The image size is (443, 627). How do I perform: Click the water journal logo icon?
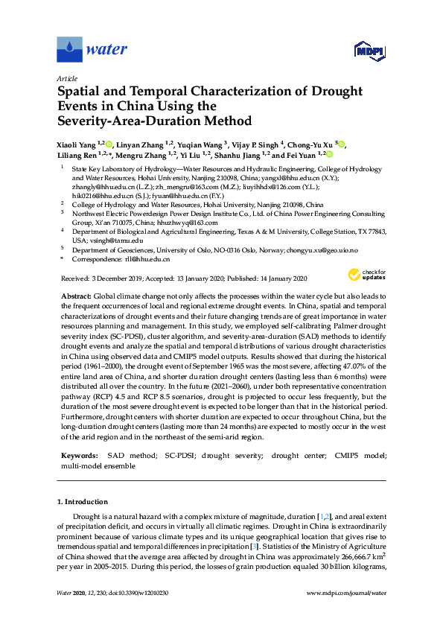coord(69,50)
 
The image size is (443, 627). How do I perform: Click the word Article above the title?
coord(68,78)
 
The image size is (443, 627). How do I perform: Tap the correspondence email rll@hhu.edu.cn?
coord(146,260)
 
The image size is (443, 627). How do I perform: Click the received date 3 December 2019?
coord(123,279)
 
